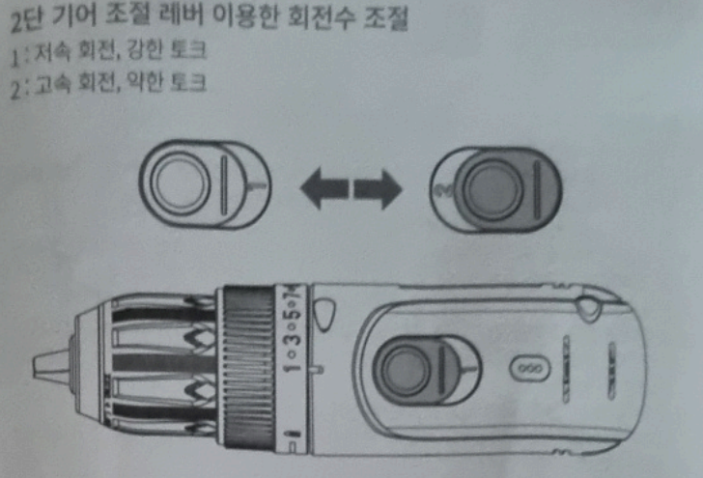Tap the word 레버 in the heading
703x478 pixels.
coord(176,19)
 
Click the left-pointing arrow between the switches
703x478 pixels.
coord(321,189)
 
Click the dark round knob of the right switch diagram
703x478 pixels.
coord(490,185)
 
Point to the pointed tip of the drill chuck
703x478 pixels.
coord(43,365)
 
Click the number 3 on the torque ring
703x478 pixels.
coord(290,341)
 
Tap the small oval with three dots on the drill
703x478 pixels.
coord(530,370)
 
